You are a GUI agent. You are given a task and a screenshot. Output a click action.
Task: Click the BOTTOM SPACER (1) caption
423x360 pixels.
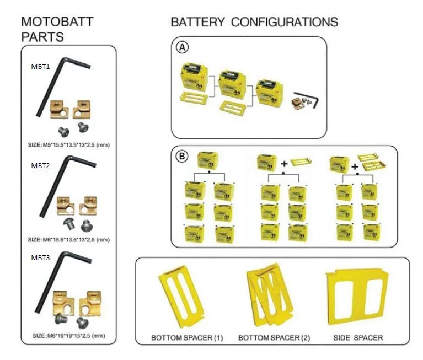(186, 337)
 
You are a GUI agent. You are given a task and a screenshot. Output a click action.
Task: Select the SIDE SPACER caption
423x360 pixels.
(358, 337)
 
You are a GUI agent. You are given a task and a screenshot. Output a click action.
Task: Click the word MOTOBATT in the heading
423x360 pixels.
(57, 22)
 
